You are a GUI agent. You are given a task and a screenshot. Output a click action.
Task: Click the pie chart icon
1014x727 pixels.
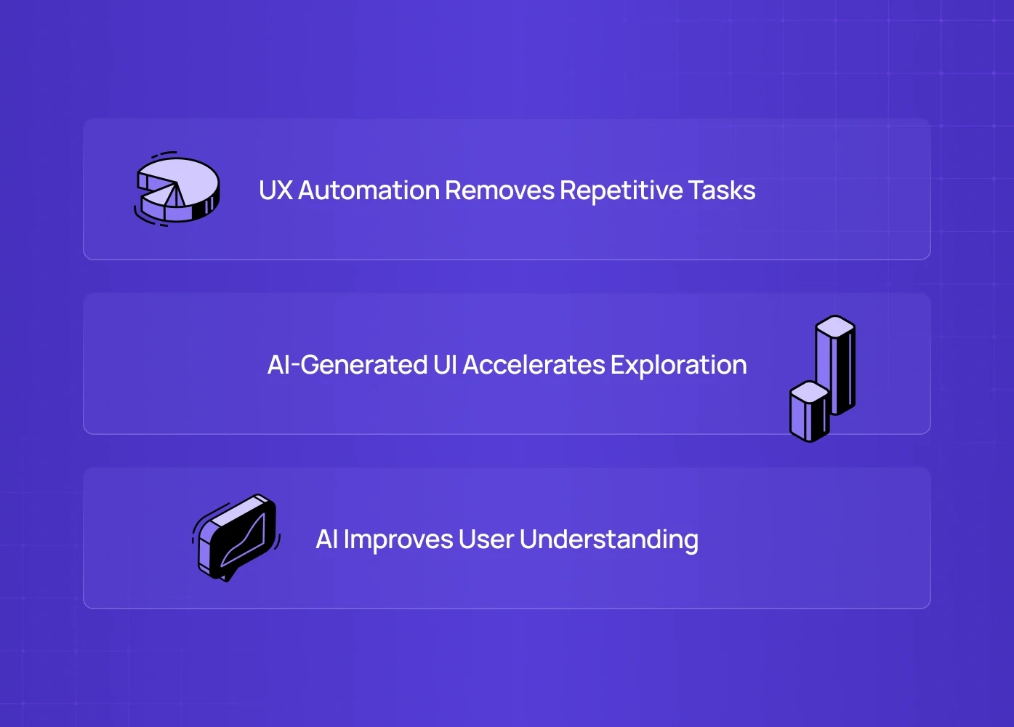pos(179,189)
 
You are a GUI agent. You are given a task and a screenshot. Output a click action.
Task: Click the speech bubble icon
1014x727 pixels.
pos(236,537)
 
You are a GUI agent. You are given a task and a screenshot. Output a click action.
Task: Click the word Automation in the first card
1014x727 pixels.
pos(369,190)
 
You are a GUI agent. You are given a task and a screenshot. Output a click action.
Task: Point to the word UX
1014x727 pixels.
pos(275,190)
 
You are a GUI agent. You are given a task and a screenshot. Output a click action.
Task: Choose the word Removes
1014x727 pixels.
pos(499,190)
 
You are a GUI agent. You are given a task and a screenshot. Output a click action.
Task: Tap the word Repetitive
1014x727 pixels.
pos(621,190)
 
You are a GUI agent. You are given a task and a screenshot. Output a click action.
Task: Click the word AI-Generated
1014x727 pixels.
pos(347,365)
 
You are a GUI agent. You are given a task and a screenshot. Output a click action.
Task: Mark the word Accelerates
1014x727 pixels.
pos(534,365)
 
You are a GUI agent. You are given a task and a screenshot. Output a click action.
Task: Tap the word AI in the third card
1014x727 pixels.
pos(326,539)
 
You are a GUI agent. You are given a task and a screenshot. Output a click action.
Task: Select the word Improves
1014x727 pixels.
pos(398,539)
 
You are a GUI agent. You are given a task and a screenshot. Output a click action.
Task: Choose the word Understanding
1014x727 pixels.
pos(609,539)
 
